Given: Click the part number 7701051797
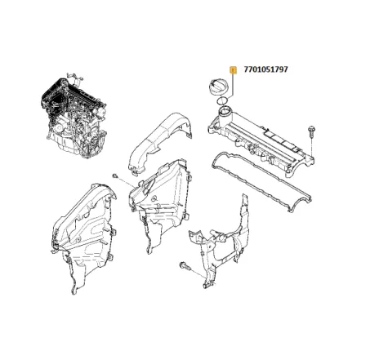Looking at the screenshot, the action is click(x=265, y=69).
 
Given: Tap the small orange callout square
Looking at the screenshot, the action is click(x=234, y=70).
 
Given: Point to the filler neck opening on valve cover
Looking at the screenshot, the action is click(x=225, y=111).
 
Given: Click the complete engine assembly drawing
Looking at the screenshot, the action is click(x=74, y=116).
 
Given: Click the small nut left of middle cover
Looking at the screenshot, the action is click(x=115, y=176).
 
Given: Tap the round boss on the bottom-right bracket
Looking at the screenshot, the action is click(x=222, y=238).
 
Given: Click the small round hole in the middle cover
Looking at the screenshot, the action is click(x=154, y=198).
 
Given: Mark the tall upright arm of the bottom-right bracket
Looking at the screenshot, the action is click(x=244, y=215).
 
